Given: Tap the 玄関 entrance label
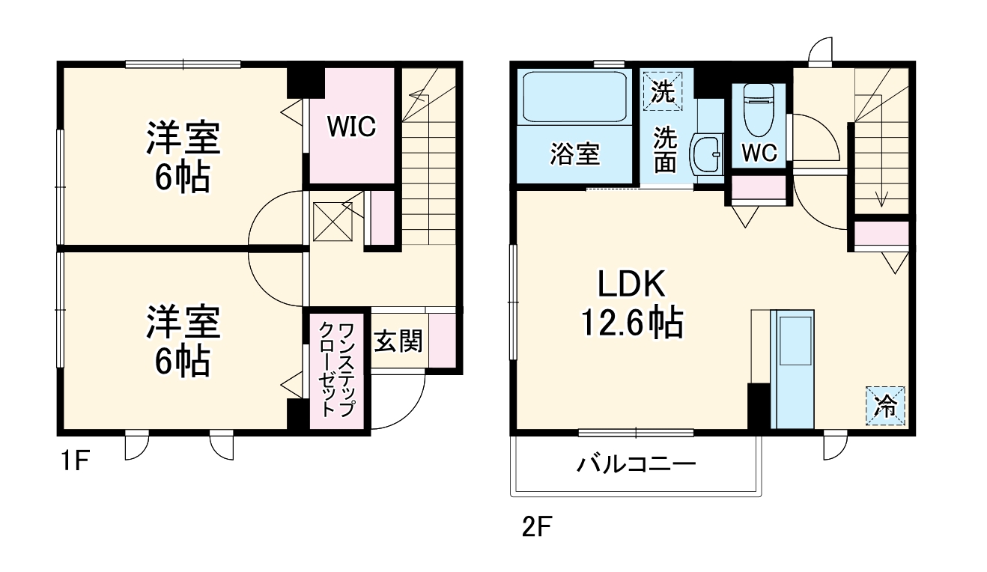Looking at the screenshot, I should (x=398, y=341).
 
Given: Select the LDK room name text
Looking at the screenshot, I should (x=631, y=285).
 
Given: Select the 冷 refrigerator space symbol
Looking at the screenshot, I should (x=886, y=406).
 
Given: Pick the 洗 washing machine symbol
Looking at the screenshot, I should (x=661, y=91).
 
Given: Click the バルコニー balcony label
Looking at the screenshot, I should (x=636, y=465).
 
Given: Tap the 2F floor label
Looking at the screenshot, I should (x=537, y=528).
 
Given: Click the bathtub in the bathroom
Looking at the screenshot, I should (x=574, y=97).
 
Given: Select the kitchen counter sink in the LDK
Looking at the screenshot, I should (x=794, y=341).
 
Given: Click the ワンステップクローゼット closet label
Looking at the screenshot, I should (x=337, y=369).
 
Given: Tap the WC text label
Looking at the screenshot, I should (x=759, y=153).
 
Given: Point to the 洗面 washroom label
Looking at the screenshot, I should (x=664, y=150).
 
